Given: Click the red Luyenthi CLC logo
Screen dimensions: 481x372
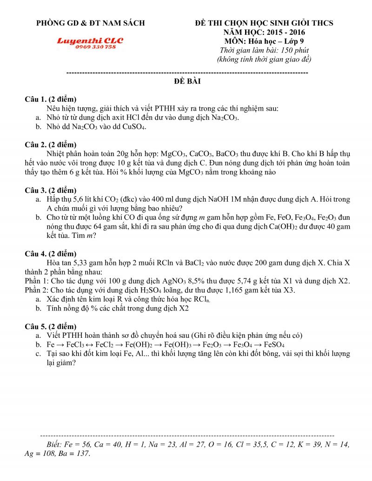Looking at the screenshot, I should click(x=90, y=41).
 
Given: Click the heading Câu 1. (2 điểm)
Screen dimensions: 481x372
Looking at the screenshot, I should click(x=51, y=99).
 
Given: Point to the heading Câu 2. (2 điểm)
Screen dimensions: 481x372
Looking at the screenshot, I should click(x=51, y=145).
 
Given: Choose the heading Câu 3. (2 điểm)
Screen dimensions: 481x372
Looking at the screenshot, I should click(x=51, y=190).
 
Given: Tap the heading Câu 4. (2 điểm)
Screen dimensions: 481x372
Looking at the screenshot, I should click(x=51, y=253).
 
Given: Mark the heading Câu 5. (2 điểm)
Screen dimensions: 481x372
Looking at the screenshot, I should click(x=51, y=326).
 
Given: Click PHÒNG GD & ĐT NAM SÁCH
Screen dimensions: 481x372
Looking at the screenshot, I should click(x=91, y=23).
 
